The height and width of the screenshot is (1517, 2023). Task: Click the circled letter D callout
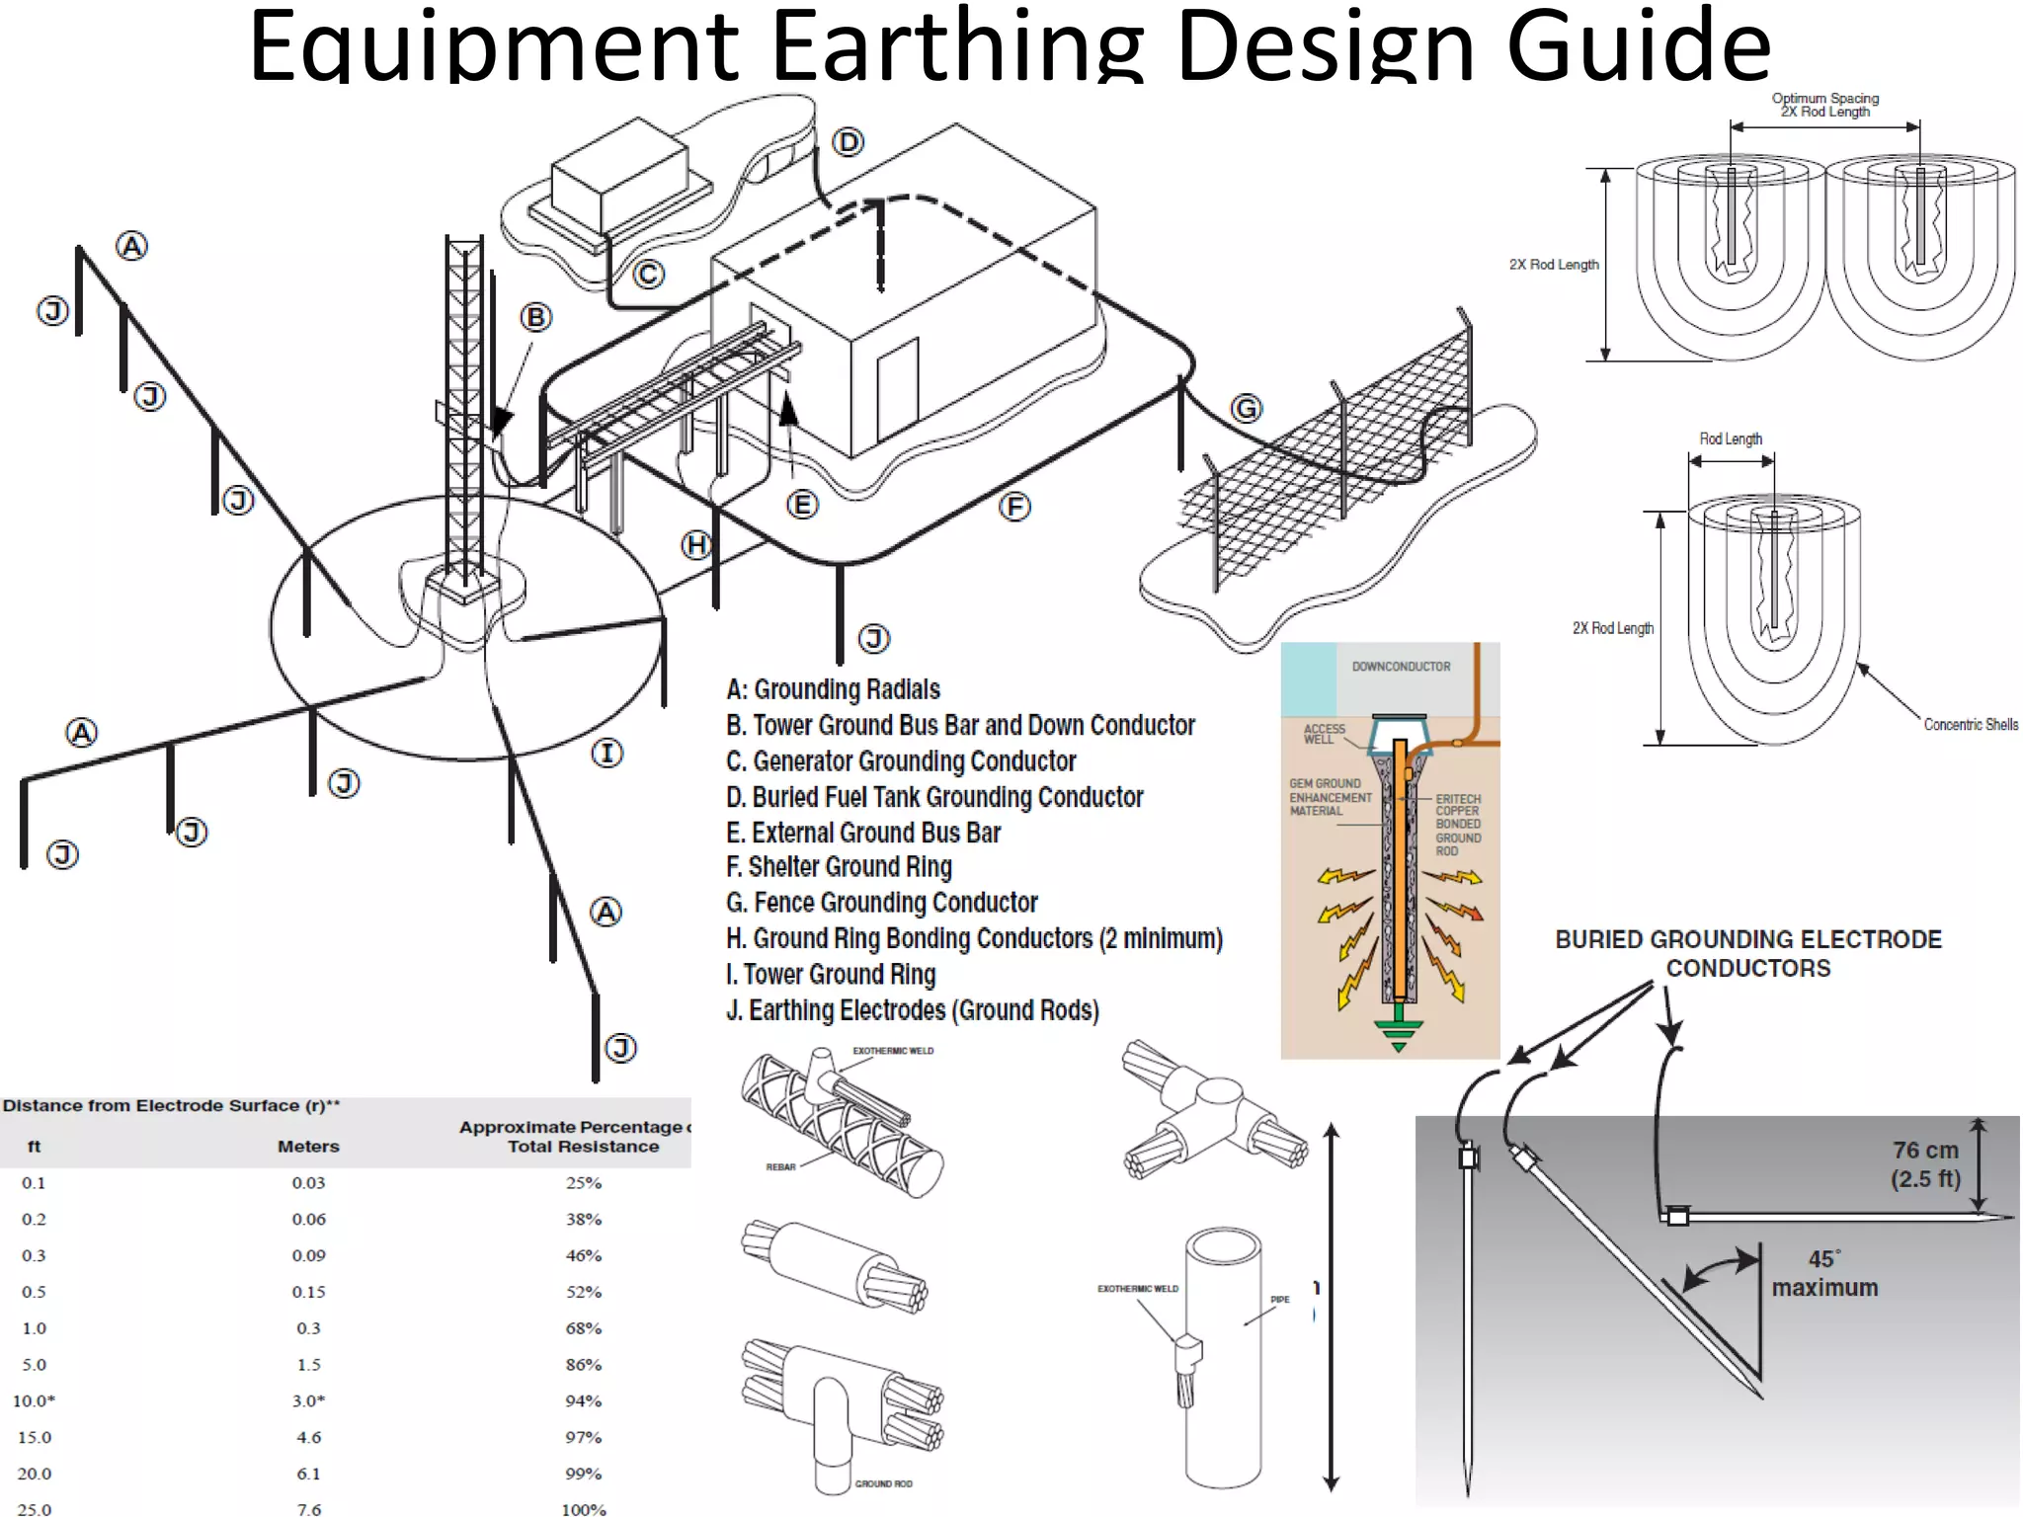pyautogui.click(x=848, y=142)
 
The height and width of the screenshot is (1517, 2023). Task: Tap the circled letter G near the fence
pyautogui.click(x=1247, y=408)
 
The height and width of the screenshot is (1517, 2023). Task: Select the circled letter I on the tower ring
pyautogui.click(x=607, y=754)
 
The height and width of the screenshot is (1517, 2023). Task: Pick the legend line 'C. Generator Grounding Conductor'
pyautogui.click(x=900, y=761)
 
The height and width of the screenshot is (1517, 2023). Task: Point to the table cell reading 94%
pyautogui.click(x=583, y=1400)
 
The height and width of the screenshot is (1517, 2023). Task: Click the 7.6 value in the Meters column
pyautogui.click(x=308, y=1509)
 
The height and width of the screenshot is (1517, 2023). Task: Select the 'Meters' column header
pyautogui.click(x=308, y=1147)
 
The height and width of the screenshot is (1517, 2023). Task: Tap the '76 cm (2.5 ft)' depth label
pyautogui.click(x=1924, y=1164)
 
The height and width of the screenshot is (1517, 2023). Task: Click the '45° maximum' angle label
pyautogui.click(x=1823, y=1274)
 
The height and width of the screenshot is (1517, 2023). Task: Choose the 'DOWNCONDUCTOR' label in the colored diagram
pyautogui.click(x=1401, y=667)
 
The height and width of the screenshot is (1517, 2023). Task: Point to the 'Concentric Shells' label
pyautogui.click(x=1970, y=725)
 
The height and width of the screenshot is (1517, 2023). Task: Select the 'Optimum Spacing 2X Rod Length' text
pyautogui.click(x=1824, y=106)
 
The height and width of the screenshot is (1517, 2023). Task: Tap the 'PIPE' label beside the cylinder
pyautogui.click(x=1279, y=1300)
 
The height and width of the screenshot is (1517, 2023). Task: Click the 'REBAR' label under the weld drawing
pyautogui.click(x=780, y=1167)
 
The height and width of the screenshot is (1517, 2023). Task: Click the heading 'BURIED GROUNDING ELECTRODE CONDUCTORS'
pyautogui.click(x=1747, y=953)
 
